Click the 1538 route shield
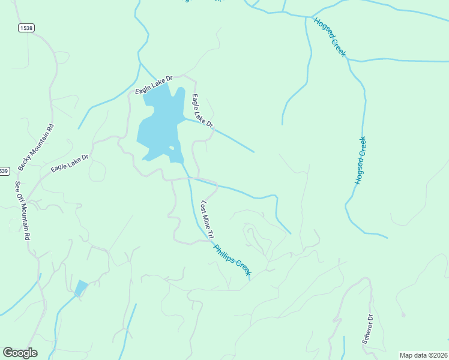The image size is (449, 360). click(x=26, y=28)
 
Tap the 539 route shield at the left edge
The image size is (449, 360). click(x=4, y=171)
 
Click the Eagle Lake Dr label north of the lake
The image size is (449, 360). click(x=154, y=85)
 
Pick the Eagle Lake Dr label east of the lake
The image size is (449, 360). click(x=202, y=110)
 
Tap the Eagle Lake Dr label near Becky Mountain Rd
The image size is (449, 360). click(x=70, y=163)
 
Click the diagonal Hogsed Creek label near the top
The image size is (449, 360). click(x=330, y=37)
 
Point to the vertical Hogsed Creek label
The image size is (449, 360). click(x=360, y=160)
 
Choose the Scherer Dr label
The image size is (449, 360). click(x=367, y=329)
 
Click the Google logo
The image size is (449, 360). click(x=20, y=353)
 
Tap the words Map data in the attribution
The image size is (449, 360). click(x=412, y=355)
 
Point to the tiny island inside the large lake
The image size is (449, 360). click(x=172, y=148)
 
